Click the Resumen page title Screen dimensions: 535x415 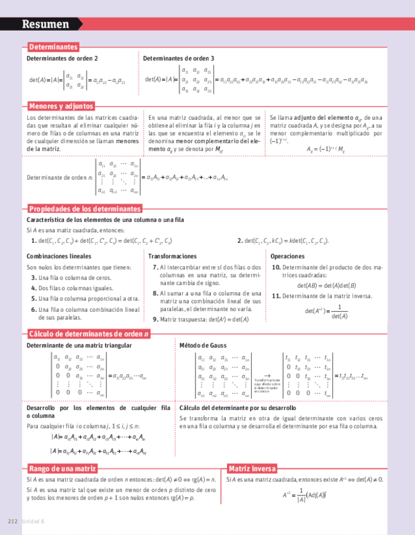pos(45,25)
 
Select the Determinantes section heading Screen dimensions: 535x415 pos(53,47)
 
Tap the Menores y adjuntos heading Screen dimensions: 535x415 pos(61,106)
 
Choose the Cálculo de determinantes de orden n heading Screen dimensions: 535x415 pos(89,334)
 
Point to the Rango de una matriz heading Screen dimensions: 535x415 pos(62,469)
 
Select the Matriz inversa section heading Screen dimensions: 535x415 pos(252,469)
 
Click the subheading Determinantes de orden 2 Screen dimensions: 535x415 pos(62,59)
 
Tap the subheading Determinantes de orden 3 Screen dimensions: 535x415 pos(178,59)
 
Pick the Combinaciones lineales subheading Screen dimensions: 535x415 pos(59,257)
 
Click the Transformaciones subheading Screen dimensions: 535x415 pos(172,257)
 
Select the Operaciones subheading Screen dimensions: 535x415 pos(288,257)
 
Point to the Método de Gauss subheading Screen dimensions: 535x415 pos(202,346)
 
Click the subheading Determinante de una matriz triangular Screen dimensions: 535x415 pos(79,346)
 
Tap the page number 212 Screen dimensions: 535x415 pos(11,521)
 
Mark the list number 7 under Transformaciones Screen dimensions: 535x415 pos(155,267)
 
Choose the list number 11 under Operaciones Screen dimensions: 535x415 pos(276,296)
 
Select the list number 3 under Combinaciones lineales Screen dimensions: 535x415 pos(33,278)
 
